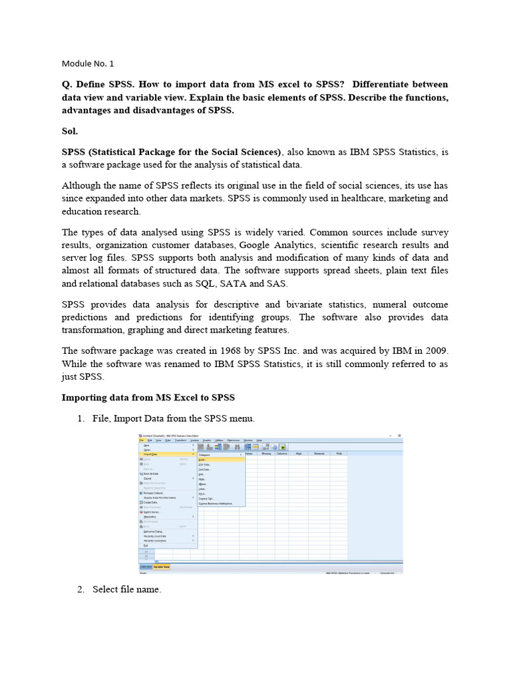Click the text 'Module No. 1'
click(x=88, y=64)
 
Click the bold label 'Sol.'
click(x=70, y=131)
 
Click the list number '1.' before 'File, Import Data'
click(x=81, y=418)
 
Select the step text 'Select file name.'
click(x=126, y=589)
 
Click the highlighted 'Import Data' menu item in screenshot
click(x=151, y=454)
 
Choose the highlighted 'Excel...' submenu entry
click(x=203, y=460)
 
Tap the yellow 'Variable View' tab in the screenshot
click(x=162, y=567)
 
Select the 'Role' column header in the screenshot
click(x=338, y=454)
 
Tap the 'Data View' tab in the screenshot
click(x=146, y=567)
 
